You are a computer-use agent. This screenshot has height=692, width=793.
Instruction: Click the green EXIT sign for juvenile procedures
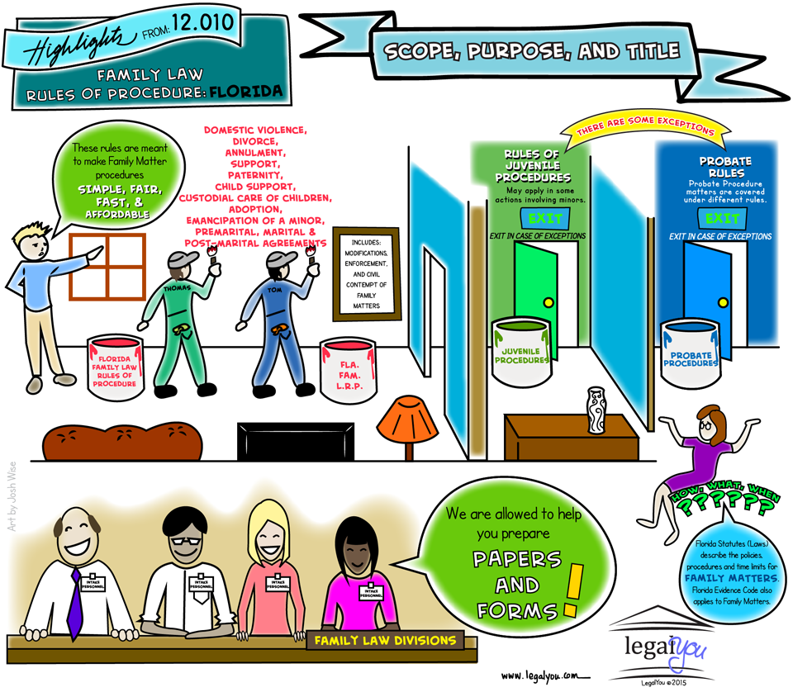click(544, 219)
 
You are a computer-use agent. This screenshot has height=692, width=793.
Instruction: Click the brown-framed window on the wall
click(107, 266)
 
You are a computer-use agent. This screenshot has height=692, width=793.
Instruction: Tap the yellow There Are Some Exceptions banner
click(635, 130)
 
